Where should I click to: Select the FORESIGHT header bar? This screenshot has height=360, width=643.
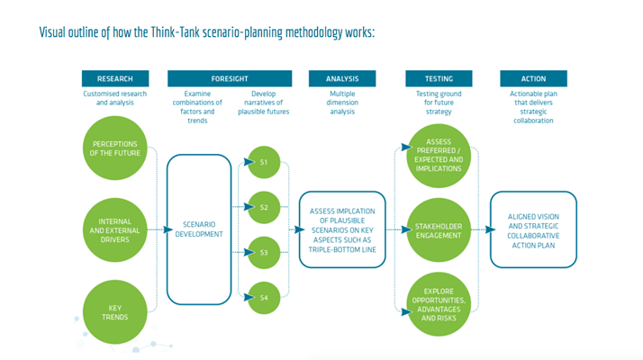click(231, 78)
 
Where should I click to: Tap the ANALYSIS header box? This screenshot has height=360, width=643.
click(342, 78)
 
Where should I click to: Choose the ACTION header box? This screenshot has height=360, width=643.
click(533, 78)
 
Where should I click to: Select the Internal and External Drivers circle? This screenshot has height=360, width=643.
click(114, 229)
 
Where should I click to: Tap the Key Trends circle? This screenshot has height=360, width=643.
click(114, 311)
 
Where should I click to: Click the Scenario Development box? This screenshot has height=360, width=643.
click(200, 229)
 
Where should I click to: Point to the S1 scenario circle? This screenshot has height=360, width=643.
click(264, 162)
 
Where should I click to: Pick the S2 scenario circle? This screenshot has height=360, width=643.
click(264, 207)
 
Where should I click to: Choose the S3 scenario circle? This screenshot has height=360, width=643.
click(264, 252)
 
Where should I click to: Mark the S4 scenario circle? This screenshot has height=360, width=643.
click(264, 297)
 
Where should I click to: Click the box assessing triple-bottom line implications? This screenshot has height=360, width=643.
click(342, 229)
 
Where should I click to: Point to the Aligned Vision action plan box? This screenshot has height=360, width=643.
click(533, 229)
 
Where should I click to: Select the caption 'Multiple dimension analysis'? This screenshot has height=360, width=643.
click(342, 103)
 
